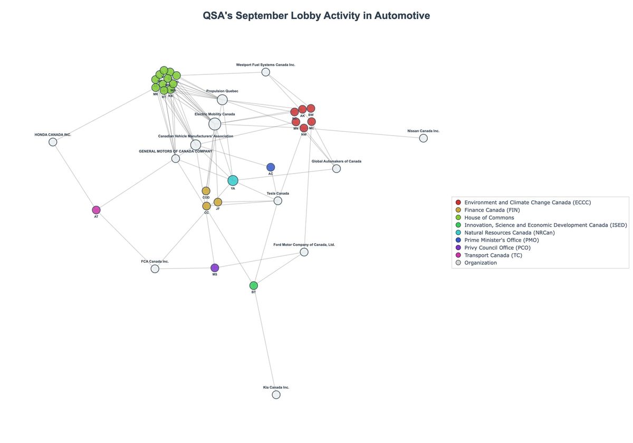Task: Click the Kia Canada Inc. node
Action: point(276,394)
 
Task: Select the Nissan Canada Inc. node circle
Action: point(423,138)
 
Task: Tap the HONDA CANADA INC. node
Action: point(53,142)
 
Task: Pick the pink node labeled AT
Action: point(96,210)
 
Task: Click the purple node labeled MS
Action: point(215,268)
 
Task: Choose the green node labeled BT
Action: point(254,286)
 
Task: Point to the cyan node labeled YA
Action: point(233,181)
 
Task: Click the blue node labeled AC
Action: point(271,167)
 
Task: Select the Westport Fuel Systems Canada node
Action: point(266,72)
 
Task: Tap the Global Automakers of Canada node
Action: point(337,169)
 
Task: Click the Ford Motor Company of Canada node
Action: point(304,252)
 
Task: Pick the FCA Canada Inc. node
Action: point(155,269)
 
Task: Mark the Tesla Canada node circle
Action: point(278,201)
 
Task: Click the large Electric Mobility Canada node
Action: point(215,124)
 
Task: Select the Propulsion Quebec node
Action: point(222,100)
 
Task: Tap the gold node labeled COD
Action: point(206,191)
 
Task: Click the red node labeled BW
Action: point(311,109)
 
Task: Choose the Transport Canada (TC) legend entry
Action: point(493,255)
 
